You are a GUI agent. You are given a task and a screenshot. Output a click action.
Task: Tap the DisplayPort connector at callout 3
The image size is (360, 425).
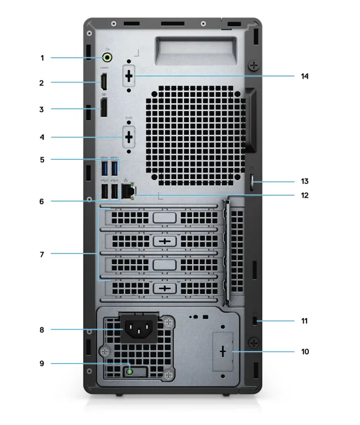[104, 109]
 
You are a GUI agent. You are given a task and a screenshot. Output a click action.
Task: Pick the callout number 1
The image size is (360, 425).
[42, 58]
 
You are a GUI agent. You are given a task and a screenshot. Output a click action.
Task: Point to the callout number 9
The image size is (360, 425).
[42, 364]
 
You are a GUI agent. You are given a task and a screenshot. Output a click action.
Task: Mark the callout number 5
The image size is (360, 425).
[42, 159]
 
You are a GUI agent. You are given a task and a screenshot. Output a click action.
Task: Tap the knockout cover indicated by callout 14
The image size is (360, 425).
[129, 77]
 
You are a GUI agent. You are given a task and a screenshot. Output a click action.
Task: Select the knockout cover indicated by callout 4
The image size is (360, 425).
[129, 138]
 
